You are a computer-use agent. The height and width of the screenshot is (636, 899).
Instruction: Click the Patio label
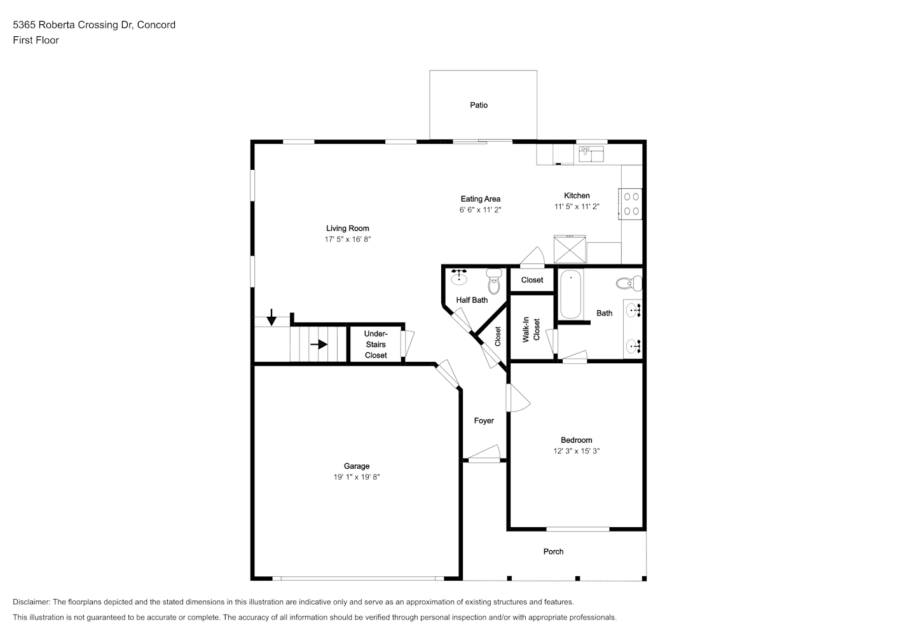[x=479, y=105]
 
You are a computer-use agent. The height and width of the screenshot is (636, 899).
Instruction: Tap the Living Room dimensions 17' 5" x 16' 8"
[x=348, y=239]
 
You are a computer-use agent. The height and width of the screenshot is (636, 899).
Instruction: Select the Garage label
[x=357, y=466]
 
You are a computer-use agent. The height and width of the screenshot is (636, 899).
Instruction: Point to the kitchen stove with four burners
[x=630, y=204]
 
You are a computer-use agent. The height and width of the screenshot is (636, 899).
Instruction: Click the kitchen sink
[x=591, y=154]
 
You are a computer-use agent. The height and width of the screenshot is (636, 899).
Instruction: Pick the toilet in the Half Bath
[x=494, y=281]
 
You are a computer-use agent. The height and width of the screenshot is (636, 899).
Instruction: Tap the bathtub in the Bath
[x=571, y=294]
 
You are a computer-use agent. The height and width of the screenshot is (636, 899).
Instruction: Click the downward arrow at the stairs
[x=271, y=317]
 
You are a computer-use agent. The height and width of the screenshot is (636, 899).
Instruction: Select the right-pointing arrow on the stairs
[x=319, y=345]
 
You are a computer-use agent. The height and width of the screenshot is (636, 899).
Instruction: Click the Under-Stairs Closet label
[x=376, y=345]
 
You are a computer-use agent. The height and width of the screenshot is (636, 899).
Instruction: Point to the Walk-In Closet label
[x=531, y=329]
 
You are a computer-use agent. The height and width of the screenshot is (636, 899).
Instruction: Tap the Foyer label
[x=484, y=421]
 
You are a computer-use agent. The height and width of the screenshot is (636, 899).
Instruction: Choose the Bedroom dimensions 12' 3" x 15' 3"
[x=576, y=451]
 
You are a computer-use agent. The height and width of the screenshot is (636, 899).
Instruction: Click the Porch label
[x=553, y=551]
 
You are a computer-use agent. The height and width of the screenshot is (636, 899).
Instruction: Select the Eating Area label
[x=481, y=198]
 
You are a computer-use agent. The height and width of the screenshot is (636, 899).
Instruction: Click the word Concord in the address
[x=156, y=25]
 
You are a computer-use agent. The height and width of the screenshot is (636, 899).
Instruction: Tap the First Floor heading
[x=36, y=40]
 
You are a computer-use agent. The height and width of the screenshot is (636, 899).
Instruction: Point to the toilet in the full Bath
[x=629, y=284]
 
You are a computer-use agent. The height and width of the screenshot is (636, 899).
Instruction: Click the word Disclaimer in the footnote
[x=32, y=602]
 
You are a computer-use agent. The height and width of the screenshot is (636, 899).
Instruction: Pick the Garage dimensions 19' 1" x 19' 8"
[x=357, y=477]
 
